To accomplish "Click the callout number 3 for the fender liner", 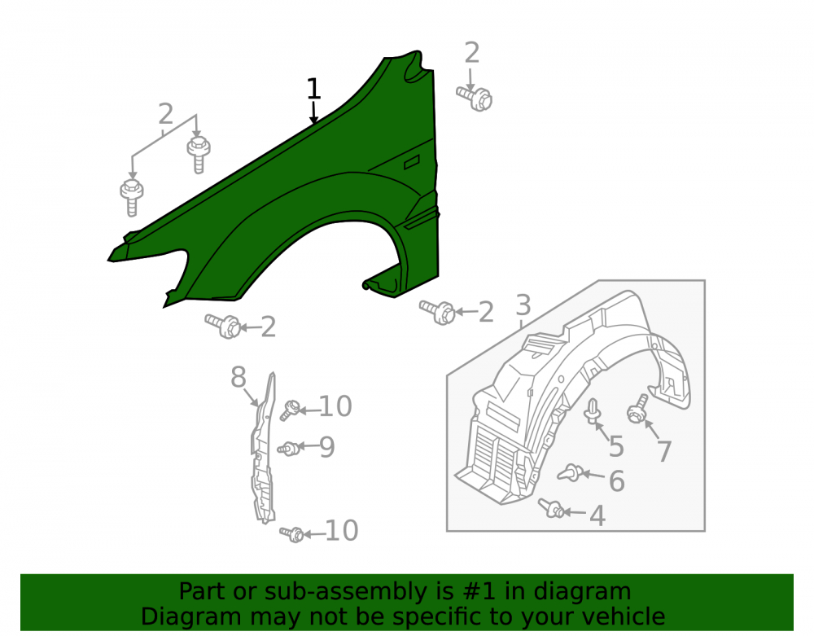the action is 523,305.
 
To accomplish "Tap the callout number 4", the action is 597,515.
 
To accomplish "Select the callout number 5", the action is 616,446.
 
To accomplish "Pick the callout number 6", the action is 616,480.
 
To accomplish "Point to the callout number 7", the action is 664,451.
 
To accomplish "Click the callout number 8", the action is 239,377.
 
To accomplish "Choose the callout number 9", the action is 326,446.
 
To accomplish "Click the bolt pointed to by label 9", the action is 288,448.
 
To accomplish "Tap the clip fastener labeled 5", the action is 592,412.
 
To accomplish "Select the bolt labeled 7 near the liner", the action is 637,409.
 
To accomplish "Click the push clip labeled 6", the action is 570,472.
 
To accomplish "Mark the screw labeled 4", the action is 551,507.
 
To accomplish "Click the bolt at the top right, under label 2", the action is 475,98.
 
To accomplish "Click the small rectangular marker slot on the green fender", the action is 412,162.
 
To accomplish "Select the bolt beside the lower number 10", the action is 291,533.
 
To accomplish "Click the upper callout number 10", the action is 335,406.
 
